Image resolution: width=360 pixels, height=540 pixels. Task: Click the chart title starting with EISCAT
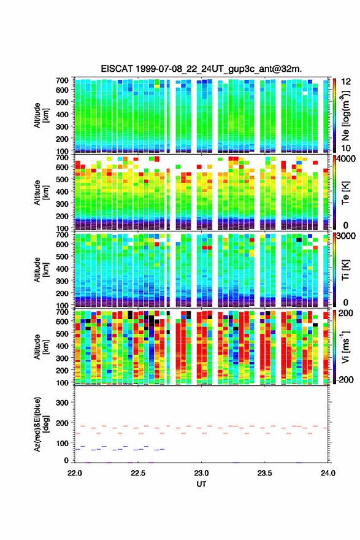tap(201, 69)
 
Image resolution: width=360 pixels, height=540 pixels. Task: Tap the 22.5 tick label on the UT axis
tap(138, 473)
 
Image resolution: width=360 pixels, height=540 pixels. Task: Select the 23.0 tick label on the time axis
tap(201, 473)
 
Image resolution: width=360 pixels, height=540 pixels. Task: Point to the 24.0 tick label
tap(327, 473)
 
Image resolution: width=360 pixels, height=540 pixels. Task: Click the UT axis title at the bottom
tap(201, 484)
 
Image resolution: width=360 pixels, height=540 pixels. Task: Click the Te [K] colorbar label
tap(345, 193)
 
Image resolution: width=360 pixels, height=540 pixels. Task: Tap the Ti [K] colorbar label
tap(345, 270)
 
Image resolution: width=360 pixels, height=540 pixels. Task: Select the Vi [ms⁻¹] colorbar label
tap(345, 347)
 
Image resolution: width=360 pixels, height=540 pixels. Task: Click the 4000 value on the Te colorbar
tap(347, 160)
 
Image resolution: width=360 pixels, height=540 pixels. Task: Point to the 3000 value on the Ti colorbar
tap(347, 236)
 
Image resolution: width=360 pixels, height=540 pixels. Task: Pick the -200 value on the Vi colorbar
tap(345, 379)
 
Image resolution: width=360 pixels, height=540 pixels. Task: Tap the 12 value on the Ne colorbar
tap(346, 82)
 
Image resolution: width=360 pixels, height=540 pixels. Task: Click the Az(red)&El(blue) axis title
tap(41, 424)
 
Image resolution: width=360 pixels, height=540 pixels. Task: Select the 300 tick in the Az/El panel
tap(63, 403)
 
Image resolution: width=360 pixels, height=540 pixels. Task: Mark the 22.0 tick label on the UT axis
tap(75, 473)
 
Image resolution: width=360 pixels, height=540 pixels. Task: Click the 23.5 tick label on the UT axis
tap(264, 473)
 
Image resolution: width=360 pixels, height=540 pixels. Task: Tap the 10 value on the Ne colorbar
tap(346, 148)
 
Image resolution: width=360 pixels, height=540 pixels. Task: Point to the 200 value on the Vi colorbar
tap(346, 313)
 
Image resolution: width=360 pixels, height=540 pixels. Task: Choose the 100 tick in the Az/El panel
tap(63, 443)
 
